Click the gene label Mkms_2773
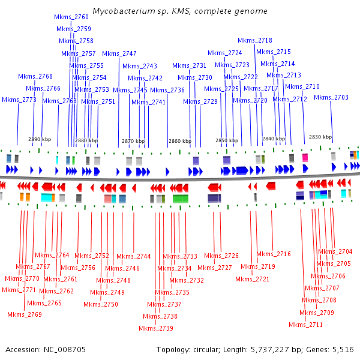pyautogui.click(x=20, y=100)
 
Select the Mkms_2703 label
pyautogui.click(x=331, y=97)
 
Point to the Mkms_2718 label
pyautogui.click(x=255, y=40)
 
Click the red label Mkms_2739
pyautogui.click(x=156, y=328)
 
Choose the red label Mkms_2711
pyautogui.click(x=306, y=325)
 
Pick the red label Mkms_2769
pyautogui.click(x=25, y=314)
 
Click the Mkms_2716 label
pyautogui.click(x=274, y=254)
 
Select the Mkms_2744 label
pyautogui.click(x=134, y=256)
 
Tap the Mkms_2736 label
pyautogui.click(x=167, y=90)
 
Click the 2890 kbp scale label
pyautogui.click(x=40, y=140)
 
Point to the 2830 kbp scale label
pyautogui.click(x=320, y=137)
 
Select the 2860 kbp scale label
pyautogui.click(x=180, y=142)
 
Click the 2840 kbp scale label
pyautogui.click(x=274, y=139)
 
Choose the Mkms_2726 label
pyautogui.click(x=222, y=256)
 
